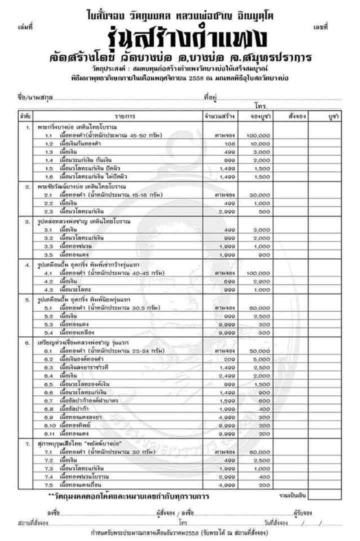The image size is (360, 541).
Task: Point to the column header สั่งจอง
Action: coord(297,116)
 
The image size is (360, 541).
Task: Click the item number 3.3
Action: coord(49,246)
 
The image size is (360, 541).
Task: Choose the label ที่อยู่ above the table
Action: coord(210,97)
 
